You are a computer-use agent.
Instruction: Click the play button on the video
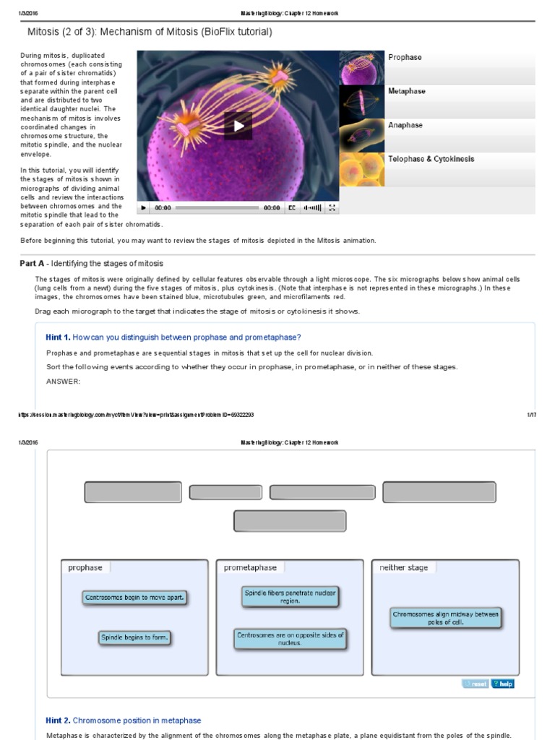[x=238, y=126]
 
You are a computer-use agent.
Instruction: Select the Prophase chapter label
[x=405, y=58]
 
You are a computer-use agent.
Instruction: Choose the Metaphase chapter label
[x=406, y=92]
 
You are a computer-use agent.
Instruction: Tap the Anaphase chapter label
[x=405, y=126]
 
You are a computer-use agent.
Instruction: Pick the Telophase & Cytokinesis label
[x=431, y=159]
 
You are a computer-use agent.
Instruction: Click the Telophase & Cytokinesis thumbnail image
[x=362, y=169]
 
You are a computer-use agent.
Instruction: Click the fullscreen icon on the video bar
[x=332, y=208]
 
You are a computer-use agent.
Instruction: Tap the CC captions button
[x=293, y=208]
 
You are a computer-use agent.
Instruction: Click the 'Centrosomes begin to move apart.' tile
[x=135, y=598]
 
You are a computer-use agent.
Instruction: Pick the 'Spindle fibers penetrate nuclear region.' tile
[x=290, y=596]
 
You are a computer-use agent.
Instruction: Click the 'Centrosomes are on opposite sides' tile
[x=290, y=639]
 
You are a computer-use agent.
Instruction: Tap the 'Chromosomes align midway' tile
[x=446, y=618]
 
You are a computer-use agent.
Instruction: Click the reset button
[x=475, y=684]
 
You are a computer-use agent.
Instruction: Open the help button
[x=502, y=684]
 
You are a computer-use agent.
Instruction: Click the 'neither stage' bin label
[x=403, y=568]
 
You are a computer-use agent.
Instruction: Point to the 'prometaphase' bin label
[x=250, y=568]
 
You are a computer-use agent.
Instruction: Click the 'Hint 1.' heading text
[x=58, y=337]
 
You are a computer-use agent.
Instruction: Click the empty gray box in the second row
[x=290, y=521]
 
